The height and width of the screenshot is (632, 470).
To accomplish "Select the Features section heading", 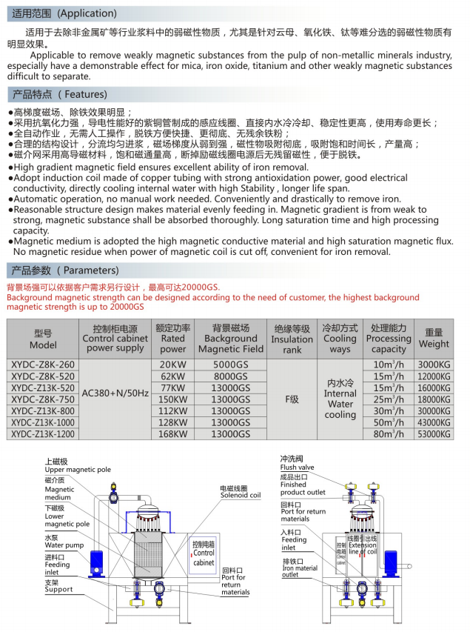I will tap(60, 95).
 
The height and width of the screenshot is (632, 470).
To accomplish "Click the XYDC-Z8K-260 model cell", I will tap(44, 365).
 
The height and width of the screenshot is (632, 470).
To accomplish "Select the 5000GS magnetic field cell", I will tap(231, 365).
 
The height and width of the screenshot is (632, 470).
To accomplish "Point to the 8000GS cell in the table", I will tap(231, 376).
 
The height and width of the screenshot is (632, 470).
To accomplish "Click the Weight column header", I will tap(434, 339).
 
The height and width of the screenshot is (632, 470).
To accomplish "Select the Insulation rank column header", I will tap(292, 339).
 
